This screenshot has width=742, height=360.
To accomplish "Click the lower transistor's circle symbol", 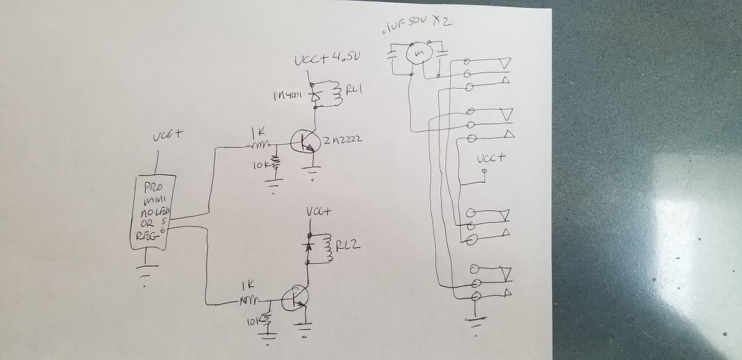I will tap(294, 298).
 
